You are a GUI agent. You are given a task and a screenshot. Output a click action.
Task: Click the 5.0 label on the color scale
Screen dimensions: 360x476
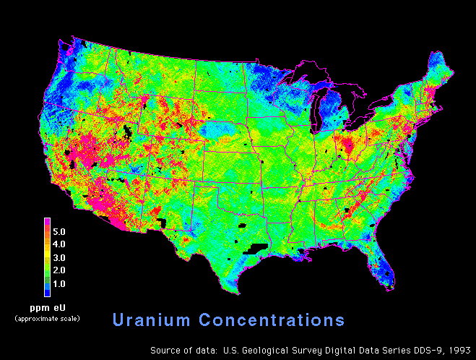click(x=60, y=232)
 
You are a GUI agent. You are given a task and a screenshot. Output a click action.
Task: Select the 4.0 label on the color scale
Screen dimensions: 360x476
click(x=60, y=244)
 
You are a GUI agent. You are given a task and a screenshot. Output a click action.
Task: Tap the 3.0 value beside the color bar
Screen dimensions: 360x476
click(x=60, y=257)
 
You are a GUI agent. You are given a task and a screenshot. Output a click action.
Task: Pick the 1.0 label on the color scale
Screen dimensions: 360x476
click(x=60, y=283)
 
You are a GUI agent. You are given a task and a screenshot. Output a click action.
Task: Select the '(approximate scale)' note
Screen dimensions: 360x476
click(x=48, y=318)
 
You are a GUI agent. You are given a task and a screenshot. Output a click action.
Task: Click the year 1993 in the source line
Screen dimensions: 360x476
click(x=458, y=350)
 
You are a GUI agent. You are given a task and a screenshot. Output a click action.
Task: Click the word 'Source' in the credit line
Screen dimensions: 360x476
click(x=165, y=350)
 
